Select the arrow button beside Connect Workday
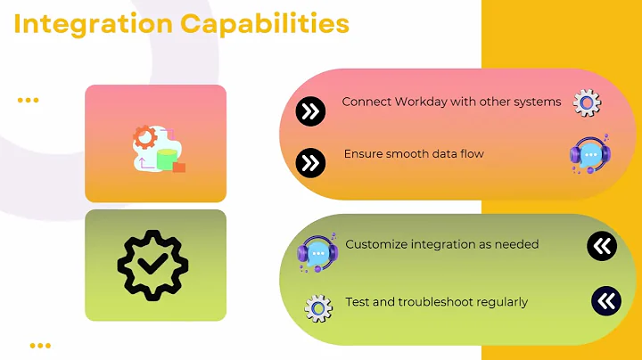(x=309, y=111)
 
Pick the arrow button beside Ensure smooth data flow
(x=309, y=162)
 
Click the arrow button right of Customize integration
(x=602, y=246)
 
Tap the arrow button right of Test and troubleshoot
(x=605, y=301)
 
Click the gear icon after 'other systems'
(x=587, y=103)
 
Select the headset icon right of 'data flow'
(x=588, y=154)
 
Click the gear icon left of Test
(x=318, y=307)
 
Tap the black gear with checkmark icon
(x=155, y=265)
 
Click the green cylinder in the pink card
(x=166, y=160)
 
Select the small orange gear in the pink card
(x=144, y=137)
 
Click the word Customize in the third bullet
(x=376, y=244)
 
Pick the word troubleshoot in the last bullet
(x=436, y=302)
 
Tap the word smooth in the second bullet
(x=405, y=154)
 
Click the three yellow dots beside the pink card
(x=29, y=100)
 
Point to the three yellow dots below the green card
(x=39, y=345)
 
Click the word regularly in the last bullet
(x=500, y=302)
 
